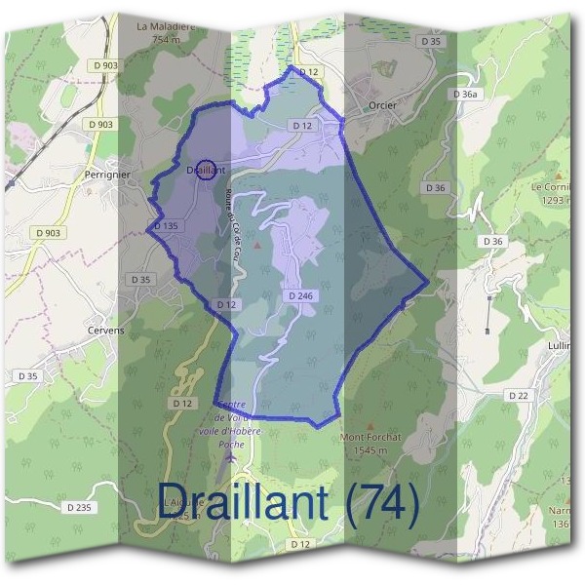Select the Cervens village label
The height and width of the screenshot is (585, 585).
click(103, 331)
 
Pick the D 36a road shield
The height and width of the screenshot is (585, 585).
click(466, 94)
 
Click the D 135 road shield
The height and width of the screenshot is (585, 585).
click(165, 226)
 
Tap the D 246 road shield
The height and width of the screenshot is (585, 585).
click(300, 294)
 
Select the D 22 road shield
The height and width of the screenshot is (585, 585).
click(518, 396)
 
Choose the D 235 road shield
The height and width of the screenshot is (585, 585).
click(80, 507)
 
